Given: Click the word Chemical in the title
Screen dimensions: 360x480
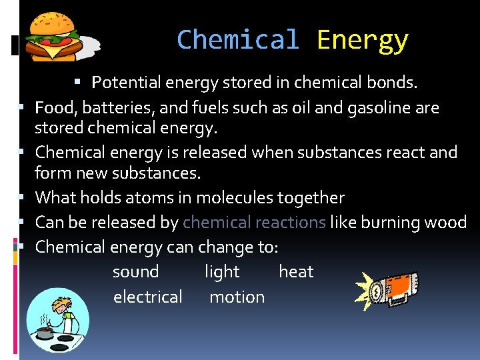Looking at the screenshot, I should [237, 40].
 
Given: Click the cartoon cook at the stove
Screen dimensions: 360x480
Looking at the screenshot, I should [57, 319].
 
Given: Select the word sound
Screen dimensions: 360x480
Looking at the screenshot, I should [135, 272].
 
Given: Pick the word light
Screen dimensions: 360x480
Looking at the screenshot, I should [222, 272].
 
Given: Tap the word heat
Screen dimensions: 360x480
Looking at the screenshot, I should [295, 272].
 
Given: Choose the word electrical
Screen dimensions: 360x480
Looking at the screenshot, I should [147, 297].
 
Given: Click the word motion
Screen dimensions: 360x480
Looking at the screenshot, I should [237, 297].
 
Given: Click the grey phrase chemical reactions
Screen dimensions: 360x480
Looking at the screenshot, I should [254, 223].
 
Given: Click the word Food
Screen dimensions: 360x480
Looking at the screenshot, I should [52, 107].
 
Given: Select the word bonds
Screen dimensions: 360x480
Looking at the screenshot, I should [393, 83].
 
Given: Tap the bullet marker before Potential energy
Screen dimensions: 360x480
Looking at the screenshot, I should [77, 82].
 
